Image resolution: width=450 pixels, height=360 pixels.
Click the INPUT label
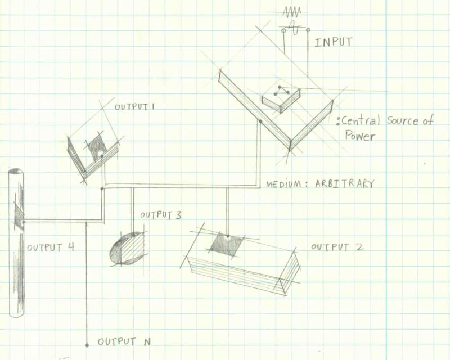pos(334,42)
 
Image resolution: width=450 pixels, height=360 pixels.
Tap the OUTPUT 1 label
pos(134,106)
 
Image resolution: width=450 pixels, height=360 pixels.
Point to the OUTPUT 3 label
pos(160,215)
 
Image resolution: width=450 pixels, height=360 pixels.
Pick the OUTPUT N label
pos(124,341)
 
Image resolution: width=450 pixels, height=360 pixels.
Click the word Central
pos(361,120)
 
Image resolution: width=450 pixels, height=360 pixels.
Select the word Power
pos(360,136)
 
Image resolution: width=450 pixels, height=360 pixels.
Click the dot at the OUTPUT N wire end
pos(87,344)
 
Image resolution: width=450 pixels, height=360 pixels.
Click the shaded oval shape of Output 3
pos(127,248)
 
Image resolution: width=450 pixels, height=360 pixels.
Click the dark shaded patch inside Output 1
pos(97,146)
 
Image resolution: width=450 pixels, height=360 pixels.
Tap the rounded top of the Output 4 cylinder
pos(16,172)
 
